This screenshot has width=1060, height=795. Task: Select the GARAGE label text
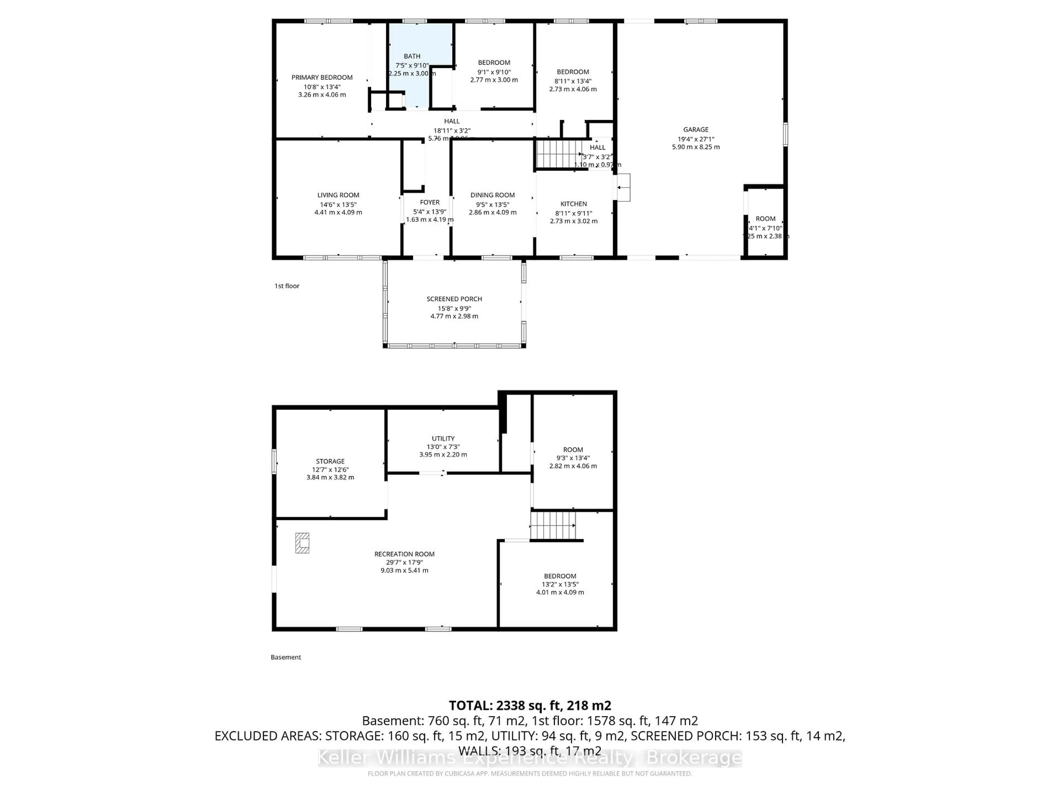point(695,129)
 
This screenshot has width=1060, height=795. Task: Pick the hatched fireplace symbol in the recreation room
point(302,543)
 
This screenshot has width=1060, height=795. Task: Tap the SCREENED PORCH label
point(454,299)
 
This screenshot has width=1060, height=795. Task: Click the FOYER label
point(429,202)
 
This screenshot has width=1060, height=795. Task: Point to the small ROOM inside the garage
point(765,221)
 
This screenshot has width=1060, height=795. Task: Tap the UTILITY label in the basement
point(443,438)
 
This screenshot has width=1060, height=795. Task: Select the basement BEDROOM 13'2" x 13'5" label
point(560,576)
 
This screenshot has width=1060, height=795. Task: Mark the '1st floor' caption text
point(287,286)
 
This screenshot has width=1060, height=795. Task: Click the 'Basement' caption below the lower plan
point(286,657)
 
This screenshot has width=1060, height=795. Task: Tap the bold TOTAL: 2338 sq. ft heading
point(529,705)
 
